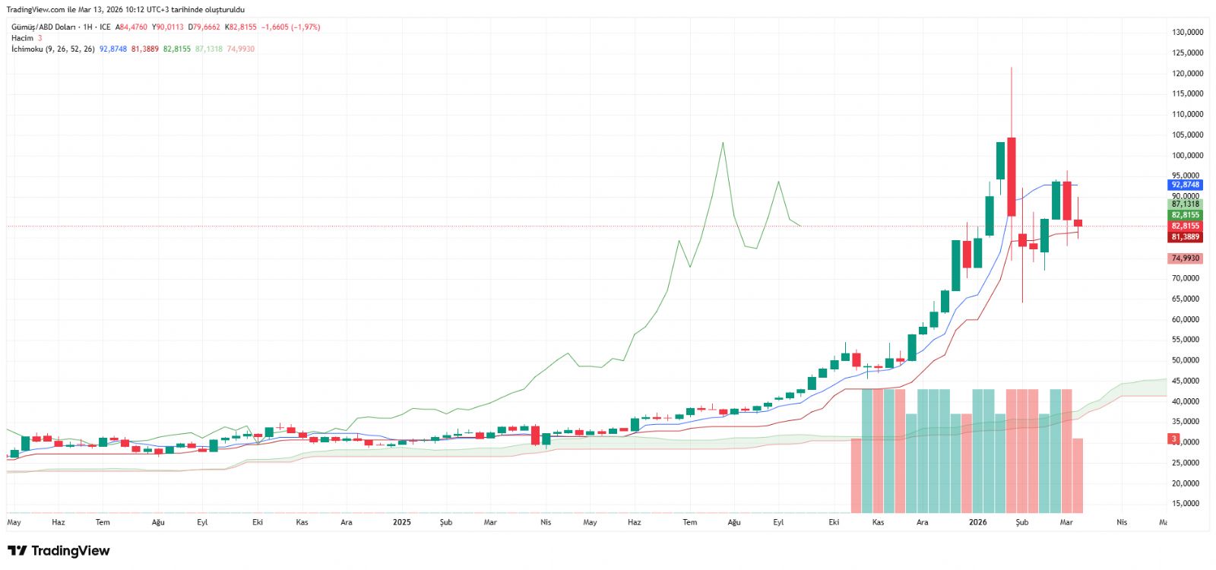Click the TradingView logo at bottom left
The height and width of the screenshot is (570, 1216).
59,551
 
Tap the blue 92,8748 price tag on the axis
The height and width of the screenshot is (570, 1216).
1185,185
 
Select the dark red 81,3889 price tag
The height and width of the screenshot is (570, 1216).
1185,237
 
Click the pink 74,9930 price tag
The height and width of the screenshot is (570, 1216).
1185,258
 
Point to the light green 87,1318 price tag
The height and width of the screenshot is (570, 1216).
1185,204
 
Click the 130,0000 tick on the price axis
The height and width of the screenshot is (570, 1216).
1187,33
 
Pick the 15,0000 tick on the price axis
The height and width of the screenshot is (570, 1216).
1187,504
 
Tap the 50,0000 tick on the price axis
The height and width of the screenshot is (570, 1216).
1187,360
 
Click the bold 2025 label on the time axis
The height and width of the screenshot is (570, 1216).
401,522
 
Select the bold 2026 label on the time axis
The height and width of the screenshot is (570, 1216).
977,522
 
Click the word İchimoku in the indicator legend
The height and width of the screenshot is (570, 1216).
27,49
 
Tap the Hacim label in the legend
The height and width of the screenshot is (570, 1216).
22,38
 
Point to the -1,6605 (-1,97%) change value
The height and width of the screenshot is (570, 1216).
290,27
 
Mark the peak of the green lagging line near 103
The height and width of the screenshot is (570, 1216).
723,143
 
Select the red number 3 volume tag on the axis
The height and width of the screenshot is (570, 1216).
1174,439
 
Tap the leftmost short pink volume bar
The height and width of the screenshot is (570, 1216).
856,475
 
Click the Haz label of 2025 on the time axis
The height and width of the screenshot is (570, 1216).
634,522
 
